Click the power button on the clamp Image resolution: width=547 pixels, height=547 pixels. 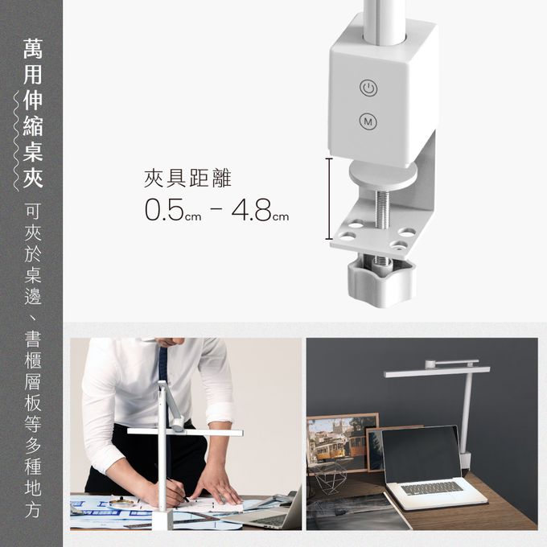pyautogui.click(x=368, y=88)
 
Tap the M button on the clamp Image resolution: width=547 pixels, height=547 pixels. pyautogui.click(x=368, y=121)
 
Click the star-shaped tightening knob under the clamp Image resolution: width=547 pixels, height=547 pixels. pyautogui.click(x=381, y=280)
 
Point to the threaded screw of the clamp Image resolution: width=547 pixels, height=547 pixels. pyautogui.click(x=383, y=209)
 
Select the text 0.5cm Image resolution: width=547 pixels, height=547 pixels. pyautogui.click(x=173, y=210)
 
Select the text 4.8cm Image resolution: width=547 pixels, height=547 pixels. pyautogui.click(x=261, y=210)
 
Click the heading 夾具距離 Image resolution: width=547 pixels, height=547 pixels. pyautogui.click(x=187, y=179)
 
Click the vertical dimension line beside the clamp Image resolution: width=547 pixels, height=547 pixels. pyautogui.click(x=329, y=199)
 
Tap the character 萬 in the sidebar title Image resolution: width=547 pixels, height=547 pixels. pyautogui.click(x=33, y=48)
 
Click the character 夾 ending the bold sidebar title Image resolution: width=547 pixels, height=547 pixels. pyautogui.click(x=33, y=178)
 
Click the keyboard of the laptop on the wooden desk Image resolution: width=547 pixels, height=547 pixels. pyautogui.click(x=433, y=488)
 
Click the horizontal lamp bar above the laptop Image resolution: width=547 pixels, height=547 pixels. pyautogui.click(x=437, y=372)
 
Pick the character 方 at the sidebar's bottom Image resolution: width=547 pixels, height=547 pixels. pyautogui.click(x=33, y=510)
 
